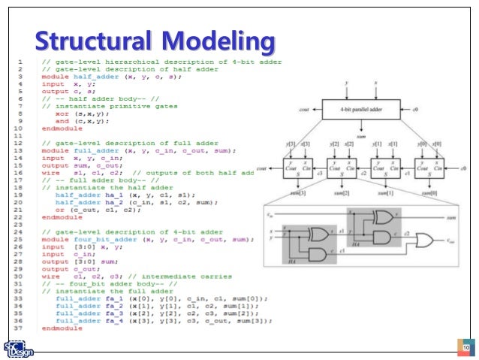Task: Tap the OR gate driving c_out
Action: click(426, 241)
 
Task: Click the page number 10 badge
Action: click(465, 347)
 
